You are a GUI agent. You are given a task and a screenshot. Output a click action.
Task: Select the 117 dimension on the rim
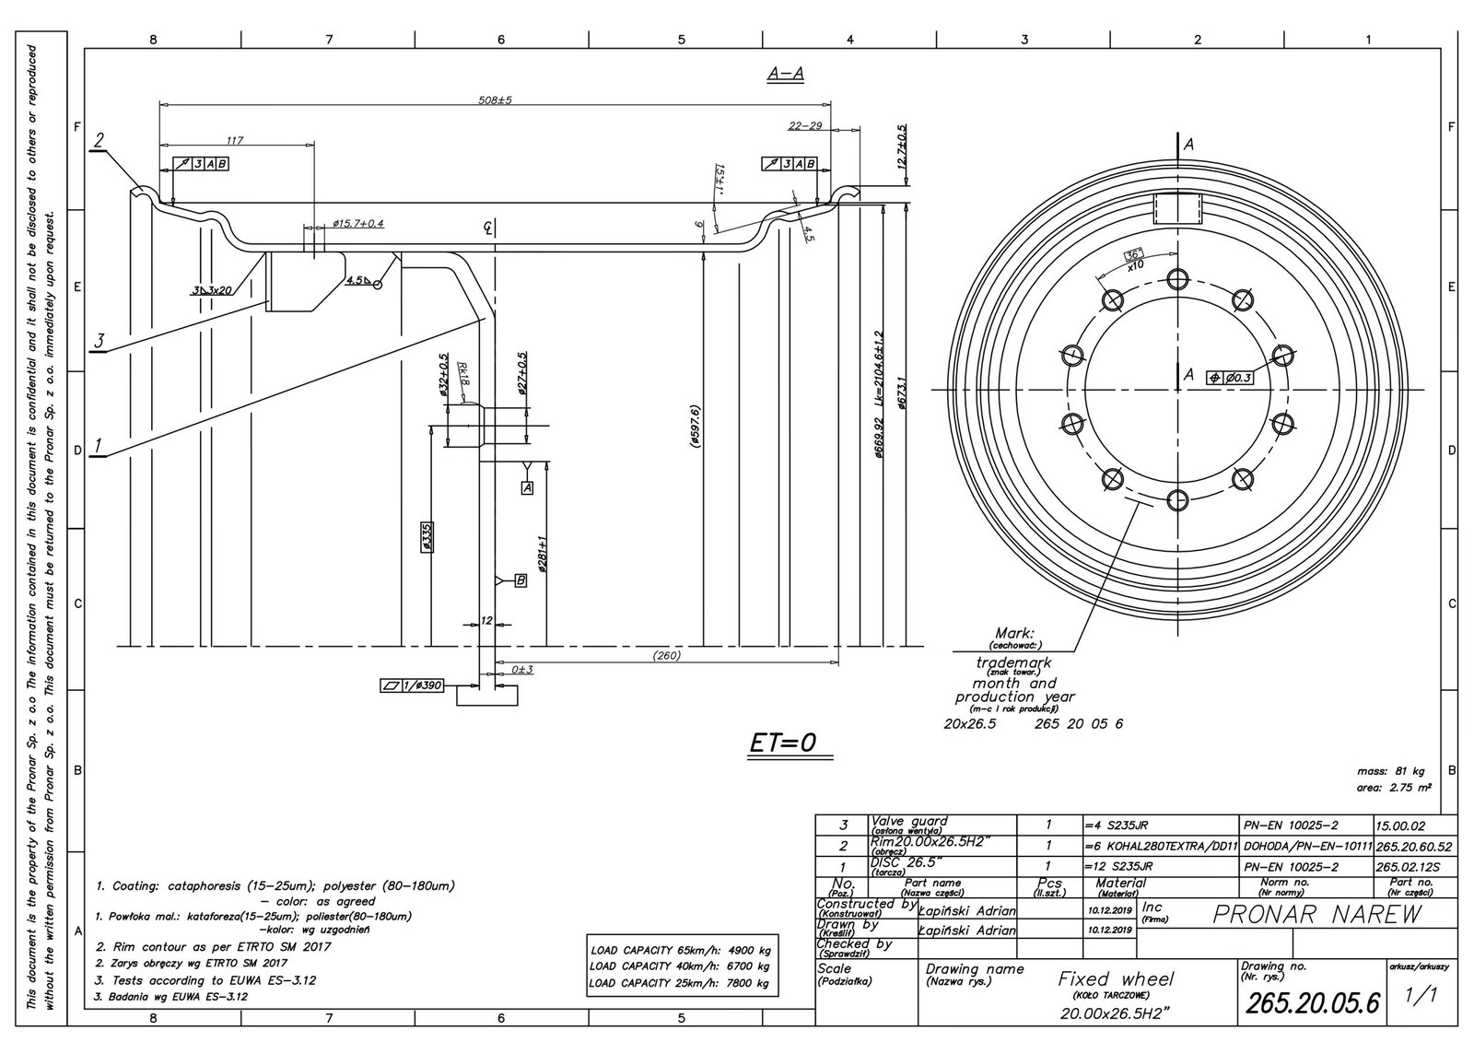point(234,140)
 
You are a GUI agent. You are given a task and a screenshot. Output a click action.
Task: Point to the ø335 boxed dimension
point(427,538)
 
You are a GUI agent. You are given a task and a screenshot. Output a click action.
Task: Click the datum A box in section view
point(528,487)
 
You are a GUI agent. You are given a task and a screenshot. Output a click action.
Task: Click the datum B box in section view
point(521,580)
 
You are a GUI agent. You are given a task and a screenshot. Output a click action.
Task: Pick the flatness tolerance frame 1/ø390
point(412,685)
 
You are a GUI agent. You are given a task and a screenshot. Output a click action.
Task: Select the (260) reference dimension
point(665,656)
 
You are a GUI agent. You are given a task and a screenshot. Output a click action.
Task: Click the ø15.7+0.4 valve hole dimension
point(357,224)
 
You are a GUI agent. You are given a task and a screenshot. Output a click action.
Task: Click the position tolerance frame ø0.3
point(1230,377)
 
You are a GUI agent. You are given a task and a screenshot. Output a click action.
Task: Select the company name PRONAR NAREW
point(1317,914)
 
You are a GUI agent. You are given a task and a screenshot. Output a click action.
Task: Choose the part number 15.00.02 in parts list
point(1400,826)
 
